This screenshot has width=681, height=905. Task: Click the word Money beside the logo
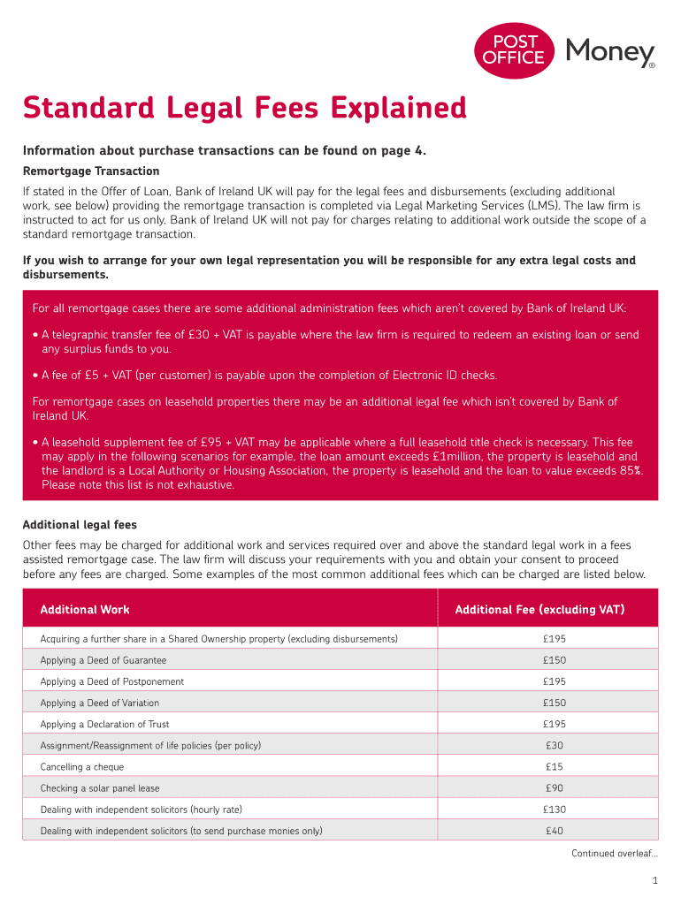click(609, 52)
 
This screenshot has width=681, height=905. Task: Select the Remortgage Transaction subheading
click(91, 171)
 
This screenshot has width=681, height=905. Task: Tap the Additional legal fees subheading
click(80, 525)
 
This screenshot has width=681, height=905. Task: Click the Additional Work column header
click(85, 610)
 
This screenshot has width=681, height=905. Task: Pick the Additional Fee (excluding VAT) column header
click(539, 610)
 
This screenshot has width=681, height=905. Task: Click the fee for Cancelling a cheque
click(555, 767)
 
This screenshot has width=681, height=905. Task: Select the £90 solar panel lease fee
click(555, 788)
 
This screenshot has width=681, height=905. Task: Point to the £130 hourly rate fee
click(555, 810)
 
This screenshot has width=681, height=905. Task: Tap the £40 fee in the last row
click(555, 831)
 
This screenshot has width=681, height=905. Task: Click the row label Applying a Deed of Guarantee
click(103, 660)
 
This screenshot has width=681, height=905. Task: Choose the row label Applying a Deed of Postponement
click(112, 681)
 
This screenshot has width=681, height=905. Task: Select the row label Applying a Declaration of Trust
click(105, 725)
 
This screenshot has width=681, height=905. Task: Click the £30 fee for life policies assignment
click(555, 746)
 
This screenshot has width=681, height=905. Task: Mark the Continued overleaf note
click(614, 853)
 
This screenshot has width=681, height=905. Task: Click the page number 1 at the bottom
click(654, 880)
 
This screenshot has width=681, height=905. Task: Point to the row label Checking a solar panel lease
click(100, 788)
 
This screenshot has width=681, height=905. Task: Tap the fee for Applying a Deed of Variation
click(555, 703)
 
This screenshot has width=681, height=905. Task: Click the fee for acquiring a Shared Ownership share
click(555, 638)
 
